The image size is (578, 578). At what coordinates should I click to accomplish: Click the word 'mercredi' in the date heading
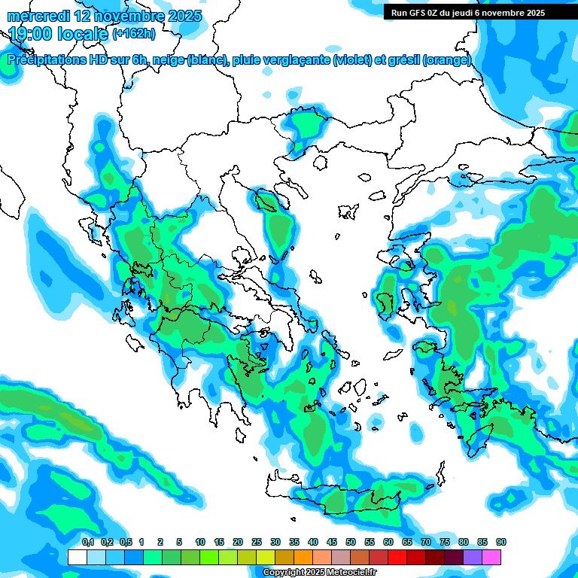point(38,16)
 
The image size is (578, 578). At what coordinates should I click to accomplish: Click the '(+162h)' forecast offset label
point(134,34)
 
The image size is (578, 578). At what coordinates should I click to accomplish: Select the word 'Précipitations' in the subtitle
point(44,60)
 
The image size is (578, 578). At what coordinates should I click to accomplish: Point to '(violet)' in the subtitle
point(353,60)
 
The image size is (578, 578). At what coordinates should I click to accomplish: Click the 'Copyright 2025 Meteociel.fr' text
point(320,573)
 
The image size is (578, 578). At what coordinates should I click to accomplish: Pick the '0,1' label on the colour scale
point(87,542)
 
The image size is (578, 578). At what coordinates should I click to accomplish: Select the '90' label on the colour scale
point(501,542)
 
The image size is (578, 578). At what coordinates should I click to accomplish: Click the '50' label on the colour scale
point(351,542)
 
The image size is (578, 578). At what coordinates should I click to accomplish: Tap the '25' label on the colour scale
point(257,542)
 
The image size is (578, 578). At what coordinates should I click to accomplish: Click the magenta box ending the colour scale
point(492,557)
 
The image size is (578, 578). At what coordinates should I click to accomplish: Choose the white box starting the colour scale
point(77,557)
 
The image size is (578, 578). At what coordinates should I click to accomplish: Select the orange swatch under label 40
point(303,557)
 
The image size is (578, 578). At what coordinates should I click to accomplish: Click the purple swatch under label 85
point(473,557)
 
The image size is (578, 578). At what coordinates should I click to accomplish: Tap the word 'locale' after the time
point(81,34)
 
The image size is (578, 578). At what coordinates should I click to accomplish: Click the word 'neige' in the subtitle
point(168,60)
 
